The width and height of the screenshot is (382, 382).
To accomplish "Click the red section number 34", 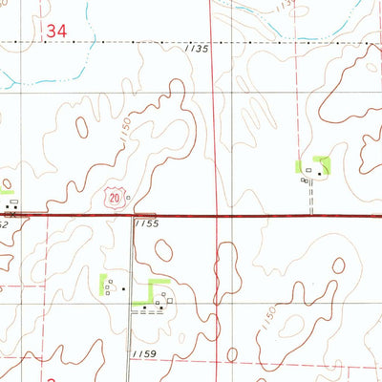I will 56,32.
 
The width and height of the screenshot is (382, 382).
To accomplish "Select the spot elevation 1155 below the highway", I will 146,223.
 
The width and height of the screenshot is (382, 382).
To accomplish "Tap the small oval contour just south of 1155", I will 164,250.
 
